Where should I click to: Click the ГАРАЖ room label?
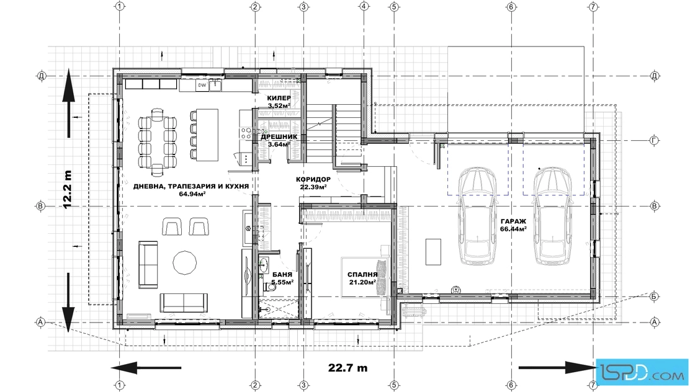pos(513,221)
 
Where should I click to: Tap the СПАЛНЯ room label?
pos(362,275)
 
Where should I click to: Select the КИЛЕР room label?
pos(279,98)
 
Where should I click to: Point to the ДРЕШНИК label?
pos(279,137)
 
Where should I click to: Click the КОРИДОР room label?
pos(313,179)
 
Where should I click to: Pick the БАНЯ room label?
pos(282,275)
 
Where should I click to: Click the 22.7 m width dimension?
pos(348,368)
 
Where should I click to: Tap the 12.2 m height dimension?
pos(68,190)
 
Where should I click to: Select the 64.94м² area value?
pos(192,194)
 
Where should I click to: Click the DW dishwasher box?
pos(202,85)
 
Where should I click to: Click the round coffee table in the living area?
pos(184,263)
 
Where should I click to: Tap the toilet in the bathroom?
pos(269,287)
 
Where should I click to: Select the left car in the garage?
pos(477,216)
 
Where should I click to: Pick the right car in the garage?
pos(552,216)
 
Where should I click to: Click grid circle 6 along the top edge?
pos(511,7)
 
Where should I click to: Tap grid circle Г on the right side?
pos(654,141)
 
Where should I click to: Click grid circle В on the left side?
pos(40,206)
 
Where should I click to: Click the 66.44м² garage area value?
pos(513,229)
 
